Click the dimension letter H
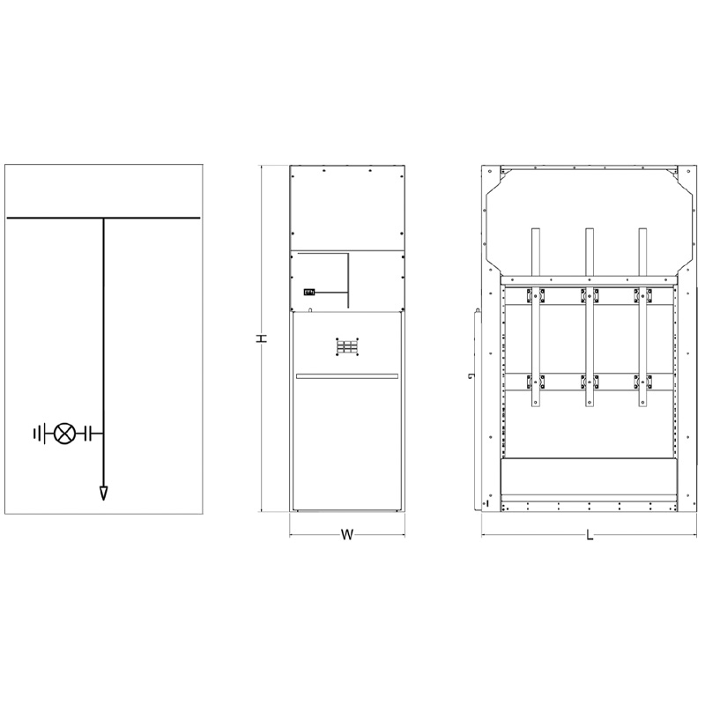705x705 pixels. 261,338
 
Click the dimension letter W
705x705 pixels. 346,535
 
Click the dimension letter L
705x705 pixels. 590,535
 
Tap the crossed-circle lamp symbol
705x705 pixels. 64,434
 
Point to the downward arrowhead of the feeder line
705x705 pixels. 104,493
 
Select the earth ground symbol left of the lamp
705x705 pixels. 40,434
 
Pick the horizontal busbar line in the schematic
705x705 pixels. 103,218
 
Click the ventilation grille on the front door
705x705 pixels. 347,347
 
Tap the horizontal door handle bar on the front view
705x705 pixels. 347,376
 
